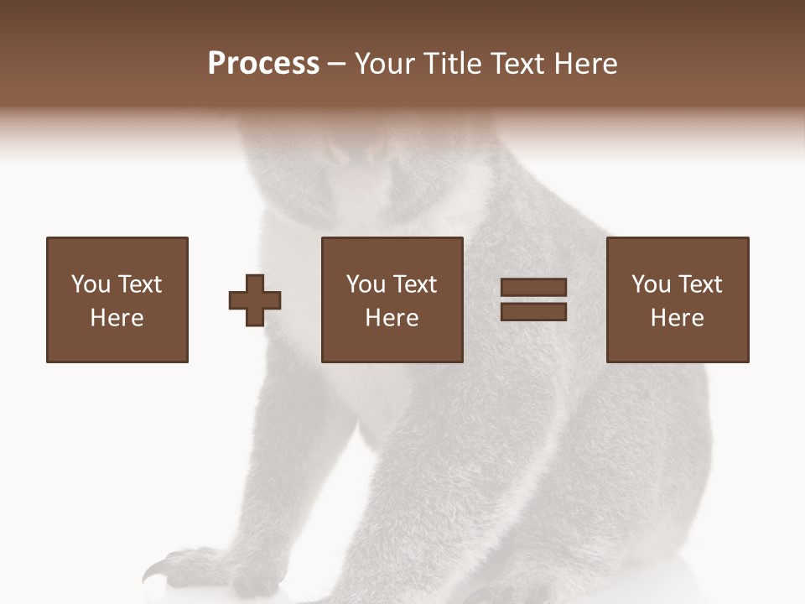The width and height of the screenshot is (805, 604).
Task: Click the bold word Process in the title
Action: click(x=263, y=64)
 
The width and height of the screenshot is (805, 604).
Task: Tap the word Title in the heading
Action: click(x=454, y=64)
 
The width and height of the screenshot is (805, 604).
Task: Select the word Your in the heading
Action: click(x=387, y=64)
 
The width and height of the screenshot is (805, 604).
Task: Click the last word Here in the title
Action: click(x=585, y=64)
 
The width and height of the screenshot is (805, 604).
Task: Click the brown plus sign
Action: click(x=255, y=300)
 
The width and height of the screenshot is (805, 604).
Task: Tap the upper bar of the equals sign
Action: click(x=533, y=288)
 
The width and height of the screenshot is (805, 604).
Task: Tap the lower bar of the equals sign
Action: click(x=533, y=311)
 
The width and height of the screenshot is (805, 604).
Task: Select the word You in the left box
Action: click(x=91, y=284)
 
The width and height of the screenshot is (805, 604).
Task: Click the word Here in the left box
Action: click(x=117, y=318)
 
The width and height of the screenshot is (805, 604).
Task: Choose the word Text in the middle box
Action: click(x=415, y=284)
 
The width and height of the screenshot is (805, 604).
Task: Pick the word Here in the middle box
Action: click(x=392, y=318)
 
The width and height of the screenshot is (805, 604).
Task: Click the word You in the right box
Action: click(x=651, y=284)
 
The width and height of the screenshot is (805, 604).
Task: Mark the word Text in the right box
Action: click(x=700, y=284)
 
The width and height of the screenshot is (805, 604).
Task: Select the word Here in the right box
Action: click(x=677, y=318)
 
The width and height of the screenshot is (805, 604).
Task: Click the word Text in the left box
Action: click(x=140, y=284)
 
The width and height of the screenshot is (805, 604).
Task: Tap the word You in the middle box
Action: click(x=366, y=284)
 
